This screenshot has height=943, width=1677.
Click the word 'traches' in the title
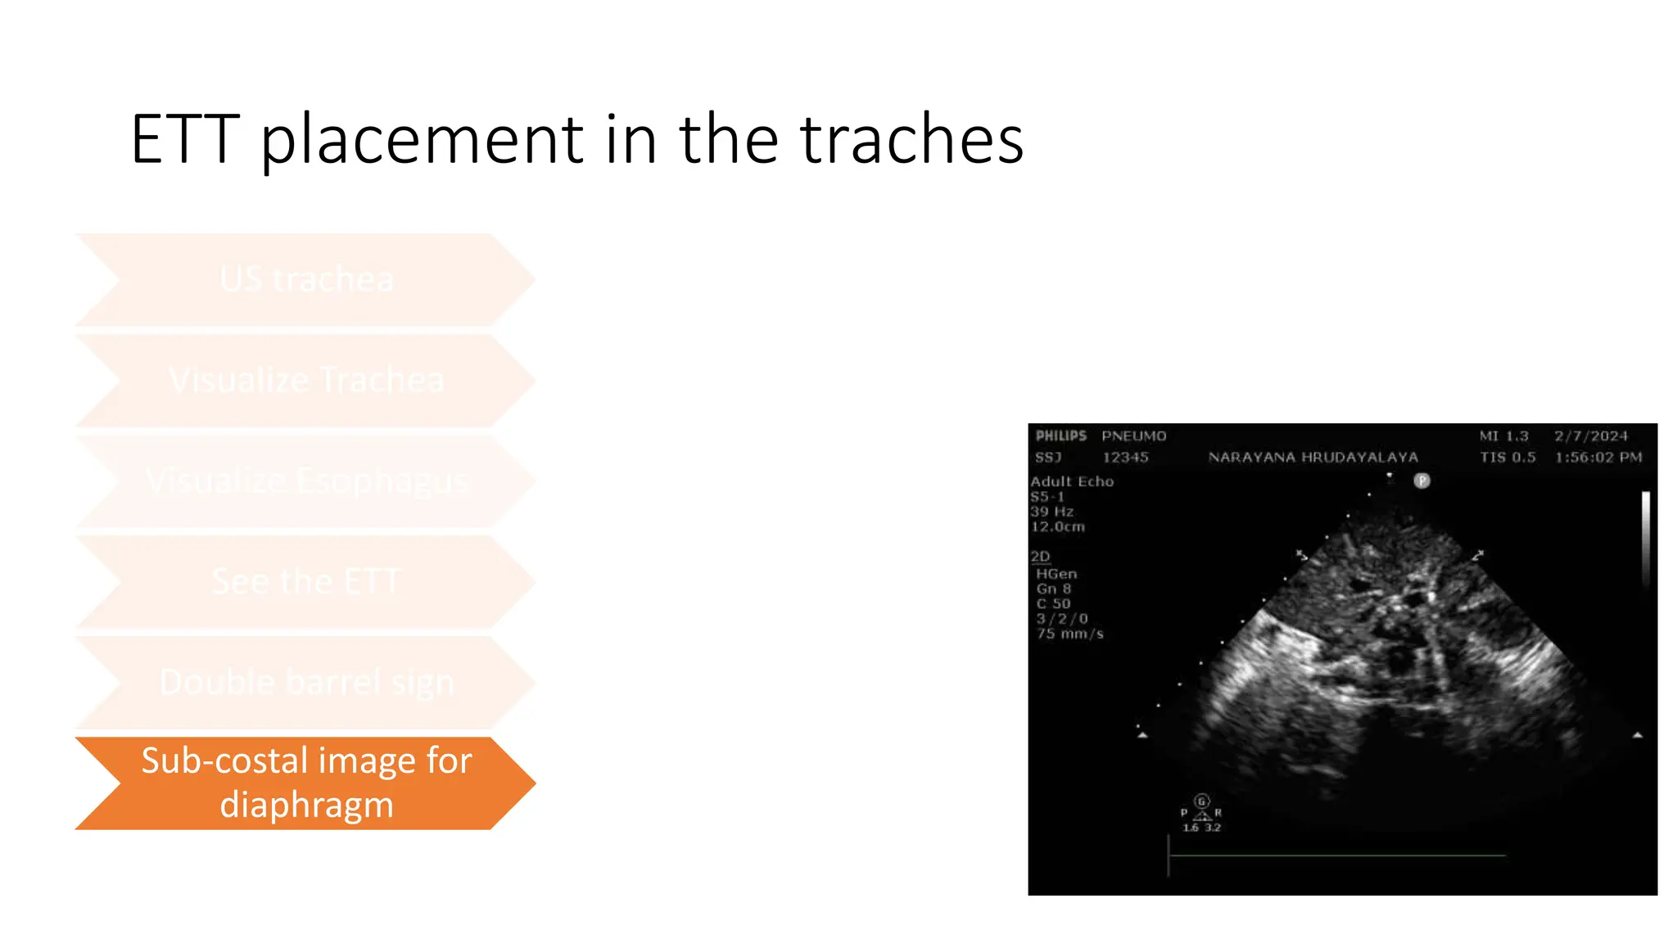coord(911,139)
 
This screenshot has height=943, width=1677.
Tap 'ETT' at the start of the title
coord(186,139)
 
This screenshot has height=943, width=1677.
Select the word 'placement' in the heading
coord(423,139)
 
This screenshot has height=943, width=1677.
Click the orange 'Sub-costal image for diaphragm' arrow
coord(306,783)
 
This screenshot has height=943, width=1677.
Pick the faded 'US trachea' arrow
coord(306,279)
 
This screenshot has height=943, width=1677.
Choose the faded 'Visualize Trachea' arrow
coord(306,380)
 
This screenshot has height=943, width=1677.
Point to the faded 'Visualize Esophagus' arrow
coord(306,481)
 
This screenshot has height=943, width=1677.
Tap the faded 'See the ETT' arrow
coord(306,581)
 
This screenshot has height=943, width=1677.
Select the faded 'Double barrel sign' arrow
coord(306,682)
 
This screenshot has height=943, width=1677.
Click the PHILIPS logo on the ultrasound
coord(1060,435)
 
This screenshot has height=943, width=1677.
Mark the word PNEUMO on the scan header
coord(1133,436)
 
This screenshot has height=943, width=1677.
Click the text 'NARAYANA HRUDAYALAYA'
coord(1313,458)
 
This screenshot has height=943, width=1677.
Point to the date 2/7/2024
coord(1591,436)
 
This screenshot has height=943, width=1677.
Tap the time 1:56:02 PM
coord(1598,458)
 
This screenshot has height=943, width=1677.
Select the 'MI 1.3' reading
coord(1503,436)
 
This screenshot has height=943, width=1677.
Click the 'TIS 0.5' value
coord(1507,458)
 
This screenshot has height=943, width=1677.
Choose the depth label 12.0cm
coord(1057,526)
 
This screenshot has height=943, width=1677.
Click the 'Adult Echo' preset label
coord(1072,481)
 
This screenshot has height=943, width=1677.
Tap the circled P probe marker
coord(1422,481)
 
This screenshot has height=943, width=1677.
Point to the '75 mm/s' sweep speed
coord(1069,634)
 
